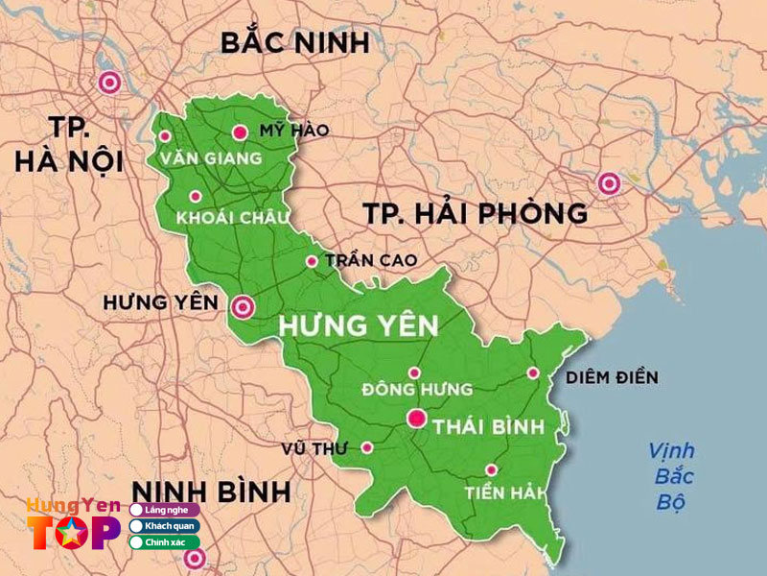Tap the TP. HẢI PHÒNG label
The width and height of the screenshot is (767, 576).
tap(475, 213)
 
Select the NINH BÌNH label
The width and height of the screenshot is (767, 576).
tap(212, 492)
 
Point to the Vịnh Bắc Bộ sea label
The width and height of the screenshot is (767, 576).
tap(671, 476)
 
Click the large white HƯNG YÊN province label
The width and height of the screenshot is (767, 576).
tap(358, 325)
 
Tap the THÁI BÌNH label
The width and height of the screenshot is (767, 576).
tap(489, 426)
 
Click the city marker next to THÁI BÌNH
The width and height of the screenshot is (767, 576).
tap(416, 419)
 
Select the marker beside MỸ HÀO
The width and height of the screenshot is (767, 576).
tap(240, 132)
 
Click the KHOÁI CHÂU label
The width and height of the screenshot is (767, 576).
tap(232, 219)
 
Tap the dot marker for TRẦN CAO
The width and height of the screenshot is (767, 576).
tap(311, 261)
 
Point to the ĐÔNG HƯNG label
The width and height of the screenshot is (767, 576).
tap(418, 390)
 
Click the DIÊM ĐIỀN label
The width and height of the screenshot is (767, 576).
tap(611, 377)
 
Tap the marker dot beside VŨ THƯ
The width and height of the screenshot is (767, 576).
tap(366, 447)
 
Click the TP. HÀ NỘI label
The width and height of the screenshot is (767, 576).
tap(68, 146)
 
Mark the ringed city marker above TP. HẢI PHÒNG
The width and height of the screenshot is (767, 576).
tap(608, 182)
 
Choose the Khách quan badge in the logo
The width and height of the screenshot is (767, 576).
tap(164, 526)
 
